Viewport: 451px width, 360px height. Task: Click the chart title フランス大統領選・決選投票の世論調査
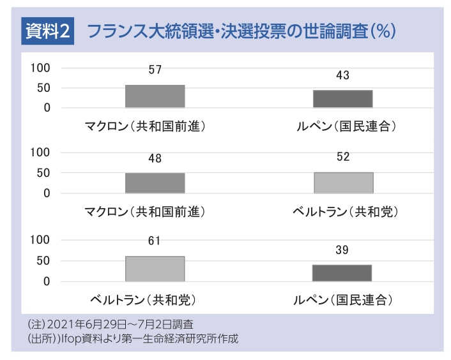240,31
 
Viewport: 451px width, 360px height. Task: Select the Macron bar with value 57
155,96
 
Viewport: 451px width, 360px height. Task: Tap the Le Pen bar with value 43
342,99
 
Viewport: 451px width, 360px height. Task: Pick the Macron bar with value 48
155,183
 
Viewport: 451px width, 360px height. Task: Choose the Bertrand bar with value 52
343,183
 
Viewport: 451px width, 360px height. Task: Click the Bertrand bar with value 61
155,269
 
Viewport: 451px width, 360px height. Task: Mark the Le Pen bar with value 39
342,273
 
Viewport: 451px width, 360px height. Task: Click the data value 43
342,75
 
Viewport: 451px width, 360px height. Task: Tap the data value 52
343,157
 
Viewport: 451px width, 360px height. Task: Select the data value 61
155,241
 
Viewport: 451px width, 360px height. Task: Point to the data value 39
342,250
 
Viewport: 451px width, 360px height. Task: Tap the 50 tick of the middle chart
43,173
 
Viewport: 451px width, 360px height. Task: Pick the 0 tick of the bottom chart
47,281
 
